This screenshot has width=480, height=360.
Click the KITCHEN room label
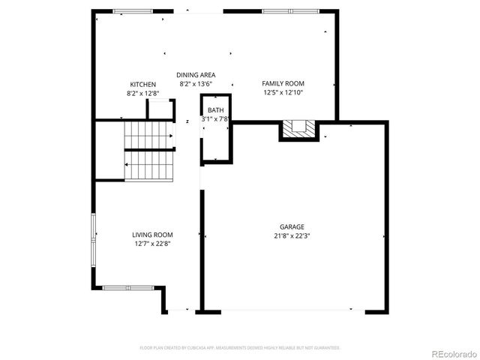pyautogui.click(x=142, y=84)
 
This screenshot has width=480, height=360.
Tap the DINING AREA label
pyautogui.click(x=196, y=75)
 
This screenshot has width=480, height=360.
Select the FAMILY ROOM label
pyautogui.click(x=283, y=83)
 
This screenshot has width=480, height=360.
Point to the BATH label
pyautogui.click(x=215, y=110)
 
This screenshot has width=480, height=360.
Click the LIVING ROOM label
pyautogui.click(x=153, y=235)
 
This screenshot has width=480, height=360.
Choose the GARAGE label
pyautogui.click(x=292, y=226)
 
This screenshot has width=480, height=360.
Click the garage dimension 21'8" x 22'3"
pyautogui.click(x=292, y=235)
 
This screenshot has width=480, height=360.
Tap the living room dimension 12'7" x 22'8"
pyautogui.click(x=153, y=244)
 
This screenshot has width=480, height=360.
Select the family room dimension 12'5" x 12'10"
pyautogui.click(x=283, y=93)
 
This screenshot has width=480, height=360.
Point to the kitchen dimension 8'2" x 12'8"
pyautogui.click(x=142, y=94)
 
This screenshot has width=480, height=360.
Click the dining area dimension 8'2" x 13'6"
pyautogui.click(x=196, y=84)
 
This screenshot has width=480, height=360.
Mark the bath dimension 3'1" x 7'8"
pyautogui.click(x=215, y=119)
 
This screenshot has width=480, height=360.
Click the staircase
pyautogui.click(x=149, y=151)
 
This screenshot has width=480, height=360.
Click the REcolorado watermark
pyautogui.click(x=447, y=353)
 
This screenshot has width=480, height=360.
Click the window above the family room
pyautogui.click(x=282, y=12)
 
